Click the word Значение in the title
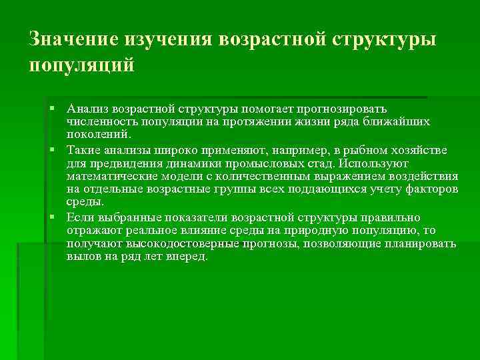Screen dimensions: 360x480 coord(73,39)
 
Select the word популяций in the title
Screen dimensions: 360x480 coord(82,66)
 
